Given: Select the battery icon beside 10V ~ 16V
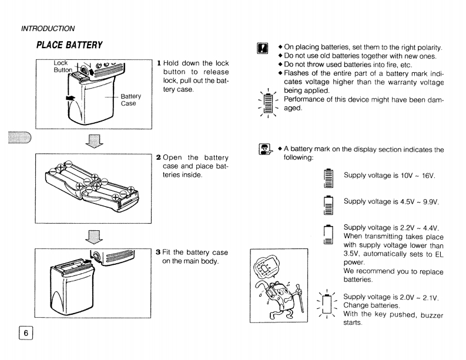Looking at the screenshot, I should pyautogui.click(x=328, y=177).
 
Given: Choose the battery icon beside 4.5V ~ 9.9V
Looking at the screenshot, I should pyautogui.click(x=328, y=203).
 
